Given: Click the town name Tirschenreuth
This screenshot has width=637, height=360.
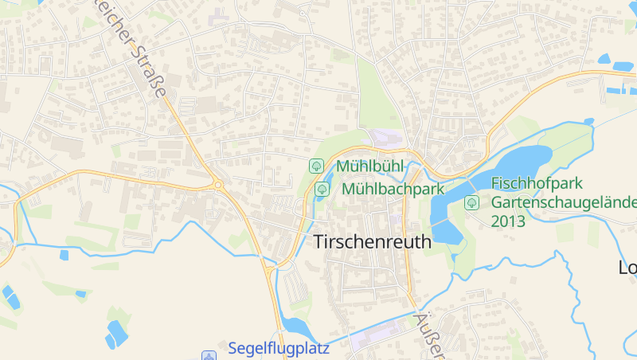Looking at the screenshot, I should pyautogui.click(x=373, y=241).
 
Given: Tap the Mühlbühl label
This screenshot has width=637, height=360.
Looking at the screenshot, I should pyautogui.click(x=370, y=166).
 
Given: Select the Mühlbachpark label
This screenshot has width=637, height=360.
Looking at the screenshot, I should pyautogui.click(x=393, y=190).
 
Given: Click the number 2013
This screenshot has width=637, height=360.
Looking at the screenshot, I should pyautogui.click(x=508, y=221).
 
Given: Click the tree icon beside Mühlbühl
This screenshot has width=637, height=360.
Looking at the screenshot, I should pyautogui.click(x=316, y=166).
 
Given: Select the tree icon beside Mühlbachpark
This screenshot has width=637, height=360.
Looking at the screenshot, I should pyautogui.click(x=322, y=190).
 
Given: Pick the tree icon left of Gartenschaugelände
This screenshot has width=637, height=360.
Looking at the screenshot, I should pyautogui.click(x=471, y=202).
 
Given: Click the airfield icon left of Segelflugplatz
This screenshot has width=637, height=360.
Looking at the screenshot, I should pyautogui.click(x=209, y=355).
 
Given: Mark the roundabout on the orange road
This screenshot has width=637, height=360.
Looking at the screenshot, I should pyautogui.click(x=217, y=185).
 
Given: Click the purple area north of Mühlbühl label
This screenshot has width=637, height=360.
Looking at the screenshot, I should pyautogui.click(x=386, y=137).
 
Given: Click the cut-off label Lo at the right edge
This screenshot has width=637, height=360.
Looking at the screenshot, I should pyautogui.click(x=627, y=268).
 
